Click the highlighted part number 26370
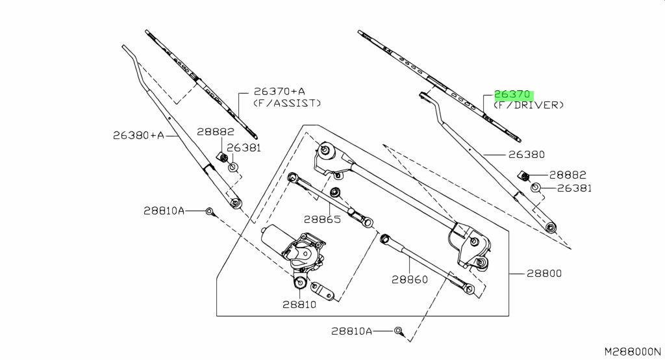point(512,94)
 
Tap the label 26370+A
point(279,91)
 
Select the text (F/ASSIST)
point(287,103)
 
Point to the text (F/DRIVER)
point(529,105)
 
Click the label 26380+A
point(139,135)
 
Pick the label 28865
point(322,220)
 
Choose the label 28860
point(410,280)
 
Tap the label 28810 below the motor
point(299,304)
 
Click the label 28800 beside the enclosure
point(544,274)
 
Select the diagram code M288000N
point(633,352)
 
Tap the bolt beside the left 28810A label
point(210,211)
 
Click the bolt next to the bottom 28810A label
point(398,330)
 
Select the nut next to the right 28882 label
point(523,175)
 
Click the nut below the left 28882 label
point(223,157)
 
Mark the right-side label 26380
point(526,155)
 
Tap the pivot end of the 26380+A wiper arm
point(236,203)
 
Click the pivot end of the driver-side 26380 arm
point(551,227)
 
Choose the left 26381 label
point(244,148)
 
